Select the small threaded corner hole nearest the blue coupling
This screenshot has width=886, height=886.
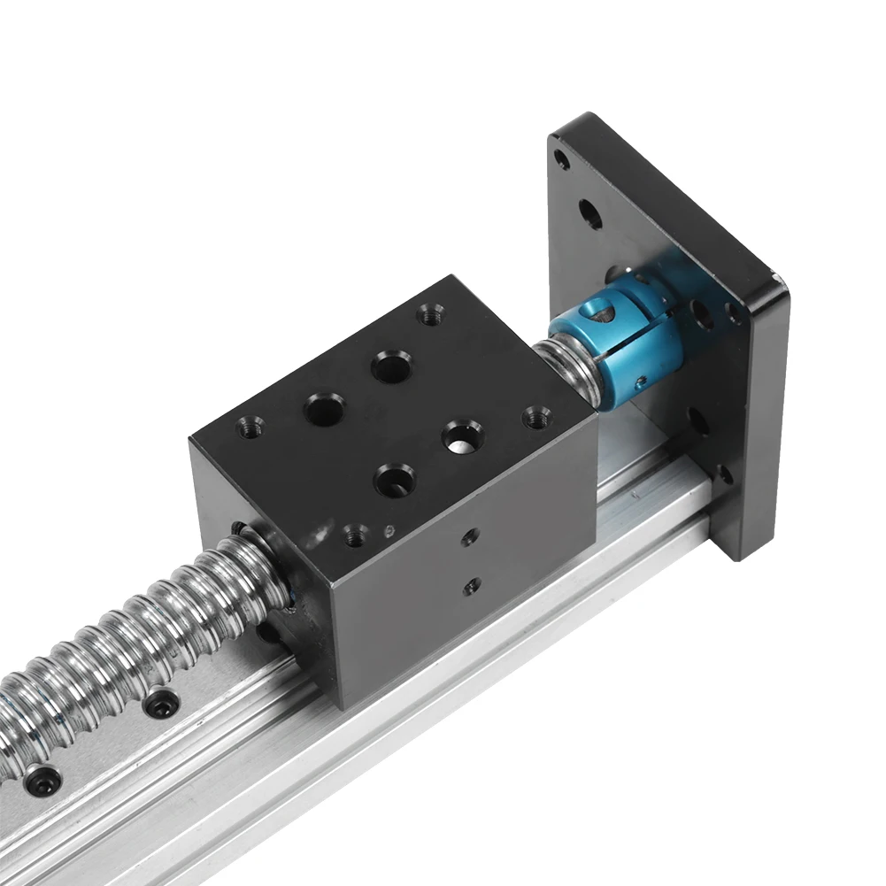tap(535, 416)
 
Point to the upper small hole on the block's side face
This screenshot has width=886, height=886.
tap(469, 536)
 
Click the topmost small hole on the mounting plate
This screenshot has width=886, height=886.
tap(560, 160)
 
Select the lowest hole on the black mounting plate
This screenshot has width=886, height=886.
tap(723, 474)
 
